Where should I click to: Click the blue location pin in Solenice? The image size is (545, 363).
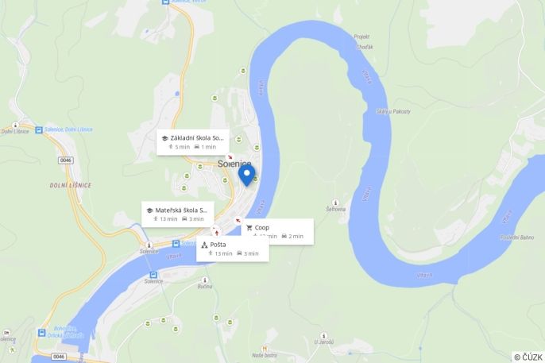[x=246, y=173]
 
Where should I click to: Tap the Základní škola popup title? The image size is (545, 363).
[x=197, y=137]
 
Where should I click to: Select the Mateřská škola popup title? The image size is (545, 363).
[x=181, y=210]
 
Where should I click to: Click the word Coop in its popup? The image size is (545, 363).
[x=262, y=227]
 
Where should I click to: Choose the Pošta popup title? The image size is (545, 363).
[x=218, y=245]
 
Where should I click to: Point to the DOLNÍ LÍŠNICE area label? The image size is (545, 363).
[x=70, y=185]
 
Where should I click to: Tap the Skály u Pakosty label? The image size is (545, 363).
[x=393, y=111]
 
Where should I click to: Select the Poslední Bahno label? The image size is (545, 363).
[x=516, y=237]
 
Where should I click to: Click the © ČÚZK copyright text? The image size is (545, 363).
[x=528, y=357]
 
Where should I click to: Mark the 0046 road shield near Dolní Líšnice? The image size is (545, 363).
[x=66, y=160]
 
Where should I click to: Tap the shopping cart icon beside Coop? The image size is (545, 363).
[x=249, y=228]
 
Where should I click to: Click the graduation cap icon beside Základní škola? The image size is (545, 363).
[x=164, y=138]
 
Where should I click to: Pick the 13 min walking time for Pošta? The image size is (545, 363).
[x=223, y=253]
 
